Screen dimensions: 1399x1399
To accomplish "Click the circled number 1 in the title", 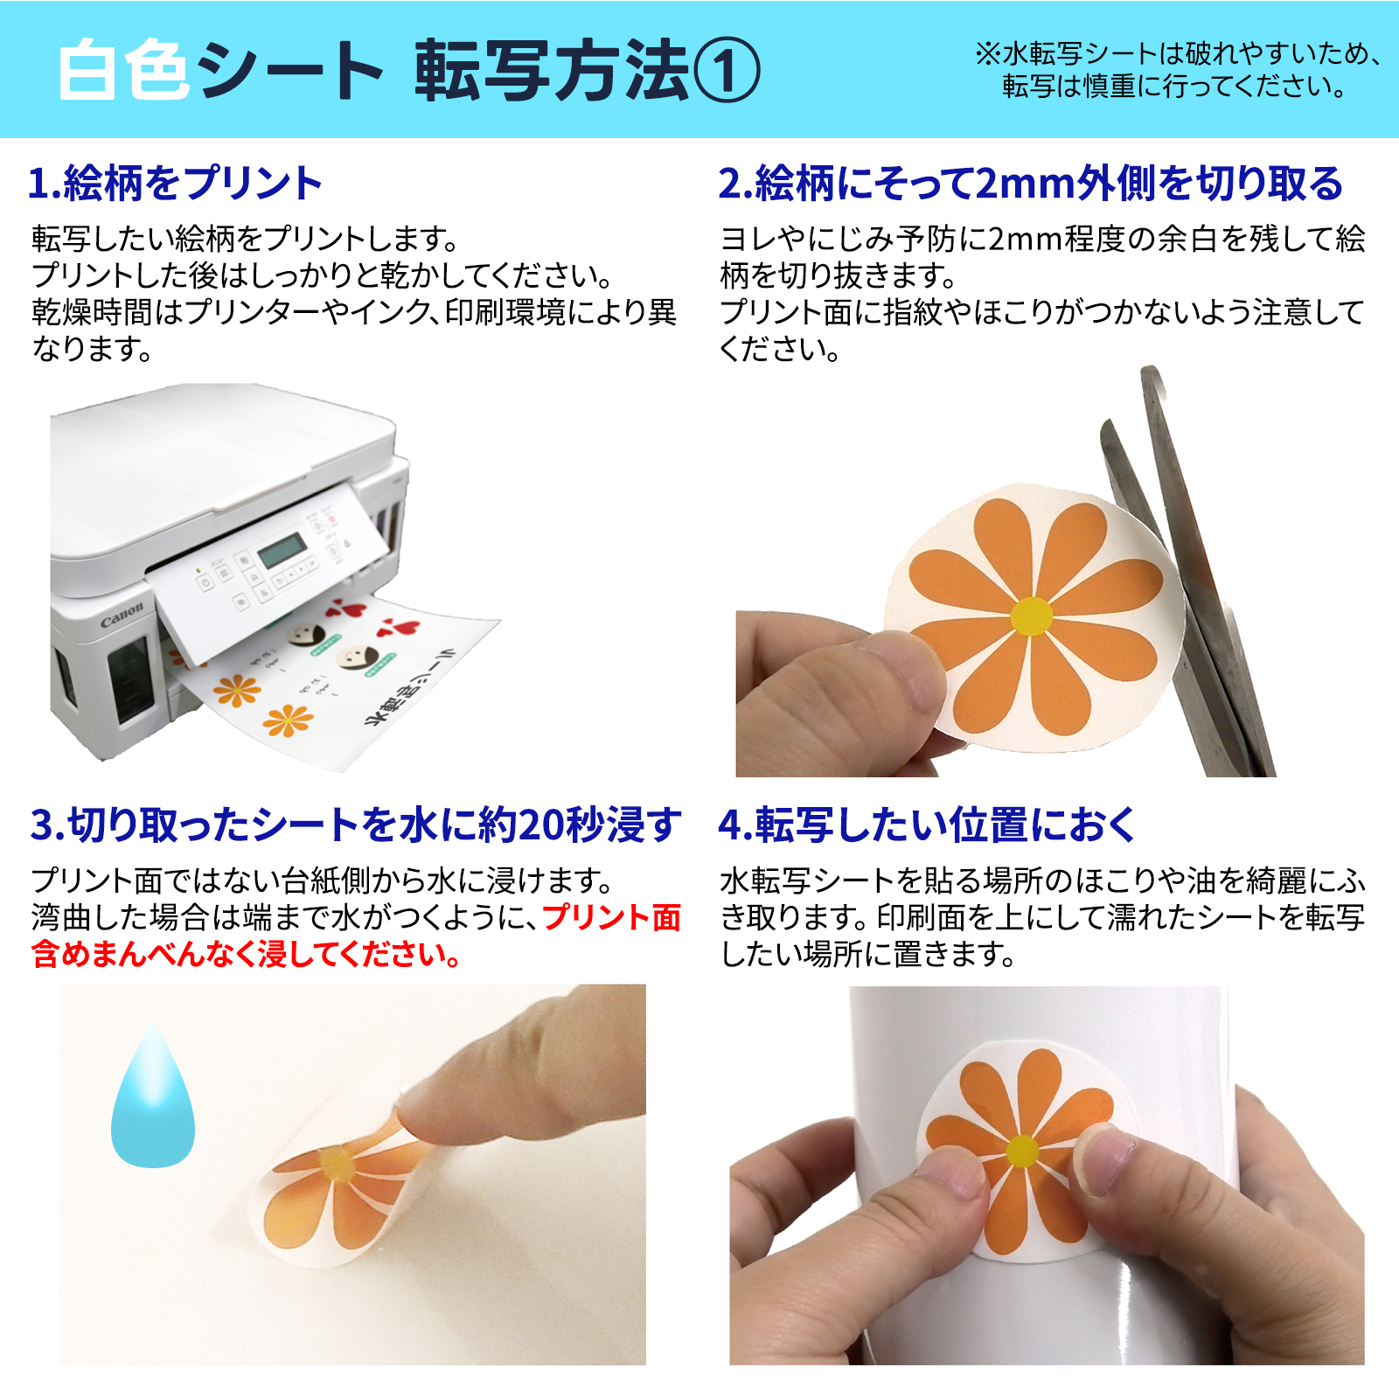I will pyautogui.click(x=727, y=71).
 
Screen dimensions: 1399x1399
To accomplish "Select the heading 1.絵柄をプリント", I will pyautogui.click(x=176, y=184).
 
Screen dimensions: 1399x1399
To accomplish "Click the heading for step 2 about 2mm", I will pyautogui.click(x=1030, y=184).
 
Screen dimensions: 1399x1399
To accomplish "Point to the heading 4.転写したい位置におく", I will pyautogui.click(x=927, y=825).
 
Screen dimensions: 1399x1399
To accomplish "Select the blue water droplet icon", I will pyautogui.click(x=153, y=1102).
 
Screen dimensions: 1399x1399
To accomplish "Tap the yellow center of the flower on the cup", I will pyautogui.click(x=1022, y=1151).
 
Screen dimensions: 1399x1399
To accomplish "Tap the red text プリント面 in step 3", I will pyautogui.click(x=611, y=917).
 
